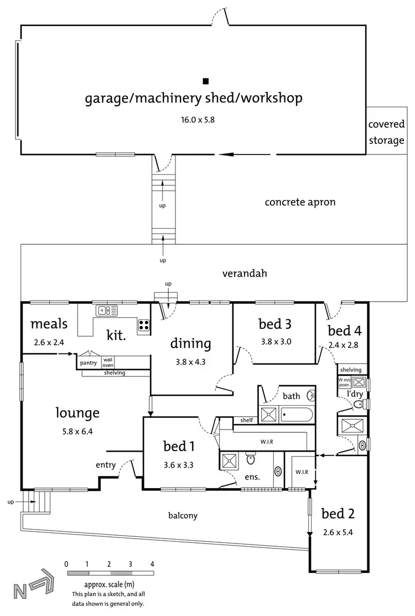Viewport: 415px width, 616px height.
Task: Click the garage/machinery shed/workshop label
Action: click(193, 99)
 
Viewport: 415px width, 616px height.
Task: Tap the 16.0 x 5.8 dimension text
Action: click(193, 118)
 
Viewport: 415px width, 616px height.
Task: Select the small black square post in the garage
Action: click(205, 81)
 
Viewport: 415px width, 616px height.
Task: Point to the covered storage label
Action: click(386, 132)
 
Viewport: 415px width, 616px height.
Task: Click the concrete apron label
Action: click(300, 202)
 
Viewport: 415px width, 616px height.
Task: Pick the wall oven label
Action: click(107, 362)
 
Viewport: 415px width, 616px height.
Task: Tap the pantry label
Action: click(89, 363)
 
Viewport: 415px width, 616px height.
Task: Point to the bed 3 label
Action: click(275, 324)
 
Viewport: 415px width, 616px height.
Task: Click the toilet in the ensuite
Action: click(250, 459)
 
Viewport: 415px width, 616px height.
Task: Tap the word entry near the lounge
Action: click(106, 465)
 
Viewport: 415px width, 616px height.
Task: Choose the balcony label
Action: click(183, 515)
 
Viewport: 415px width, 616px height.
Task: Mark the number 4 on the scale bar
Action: click(152, 564)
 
